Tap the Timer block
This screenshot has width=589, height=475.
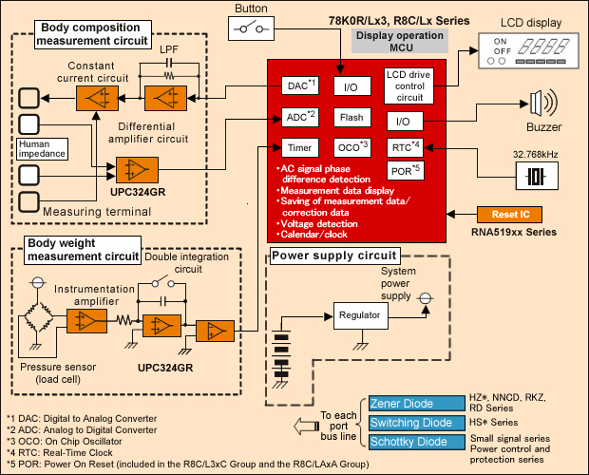click(299, 147)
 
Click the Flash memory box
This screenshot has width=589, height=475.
click(351, 118)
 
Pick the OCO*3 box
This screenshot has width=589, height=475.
click(351, 147)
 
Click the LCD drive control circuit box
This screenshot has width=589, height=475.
click(409, 86)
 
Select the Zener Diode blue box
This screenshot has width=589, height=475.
click(407, 404)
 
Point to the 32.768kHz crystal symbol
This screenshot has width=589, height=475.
click(532, 177)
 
